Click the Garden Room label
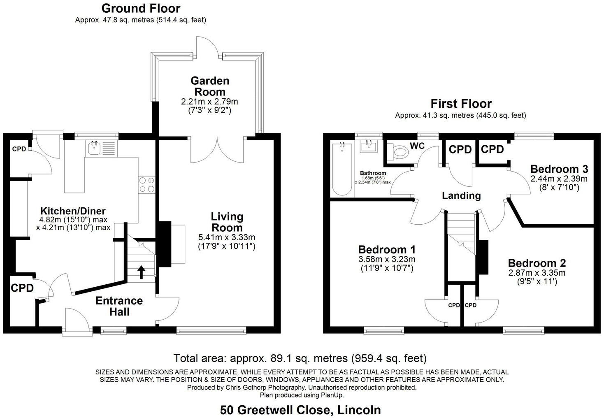[210, 86]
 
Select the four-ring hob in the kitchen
[147, 184]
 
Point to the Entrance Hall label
[119, 306]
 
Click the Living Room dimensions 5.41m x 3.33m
[227, 237]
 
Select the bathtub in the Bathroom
[341, 169]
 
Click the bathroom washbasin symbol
[369, 146]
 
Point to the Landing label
[461, 196]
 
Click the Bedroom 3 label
[559, 169]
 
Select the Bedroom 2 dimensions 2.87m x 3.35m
[537, 273]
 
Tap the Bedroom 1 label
[386, 249]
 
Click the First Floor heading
[461, 103]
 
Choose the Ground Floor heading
[141, 8]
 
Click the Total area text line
[300, 358]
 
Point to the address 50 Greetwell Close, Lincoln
[300, 410]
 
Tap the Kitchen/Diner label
[73, 211]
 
